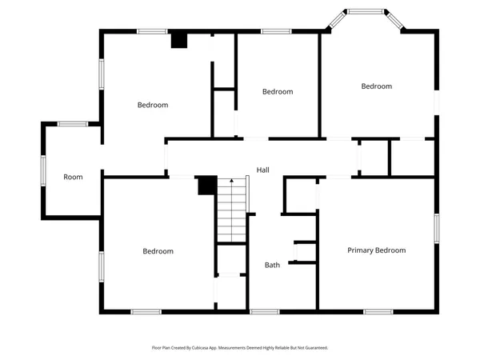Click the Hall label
tap(262, 170)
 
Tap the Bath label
tap(272, 265)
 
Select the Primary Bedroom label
tap(376, 250)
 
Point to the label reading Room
tap(73, 177)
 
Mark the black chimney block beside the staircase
tap(206, 185)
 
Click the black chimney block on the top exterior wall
tap(179, 40)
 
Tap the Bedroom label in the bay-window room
tap(376, 86)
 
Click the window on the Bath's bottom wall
tap(264, 311)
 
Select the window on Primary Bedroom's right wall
tap(437, 228)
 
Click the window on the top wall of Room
tap(73, 124)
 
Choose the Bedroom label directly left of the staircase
tap(158, 251)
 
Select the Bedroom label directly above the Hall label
tap(278, 92)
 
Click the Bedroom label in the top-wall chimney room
tap(152, 105)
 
